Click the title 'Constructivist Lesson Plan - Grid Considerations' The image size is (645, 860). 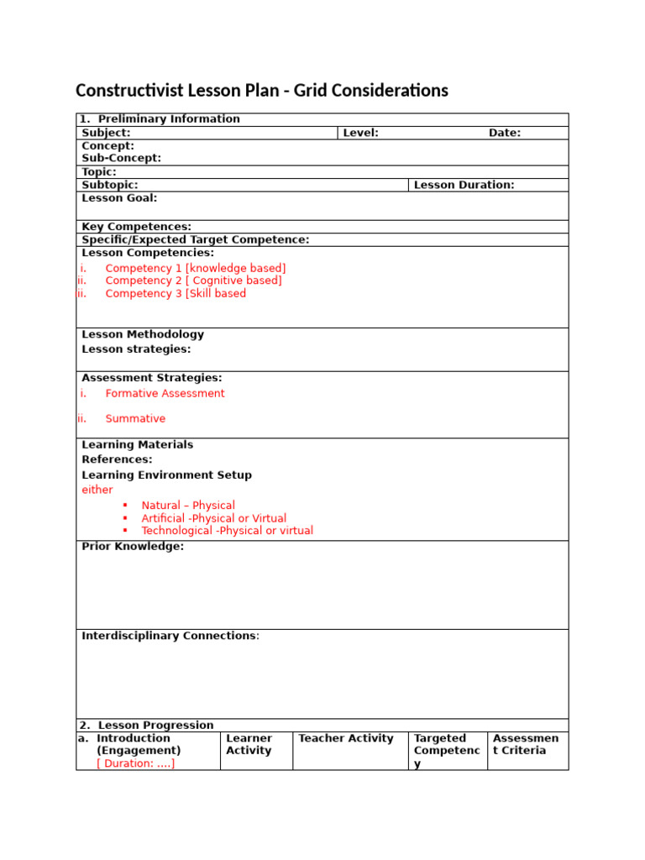[262, 91]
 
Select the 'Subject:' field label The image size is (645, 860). [106, 133]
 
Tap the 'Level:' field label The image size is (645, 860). [360, 133]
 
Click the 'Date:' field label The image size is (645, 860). [505, 133]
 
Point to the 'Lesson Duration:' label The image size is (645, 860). [464, 185]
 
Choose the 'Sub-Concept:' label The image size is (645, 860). [121, 158]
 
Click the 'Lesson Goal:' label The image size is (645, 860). [119, 198]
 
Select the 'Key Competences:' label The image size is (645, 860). [136, 227]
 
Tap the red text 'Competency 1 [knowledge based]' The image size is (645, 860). [196, 268]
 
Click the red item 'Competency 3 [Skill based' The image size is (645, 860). [176, 294]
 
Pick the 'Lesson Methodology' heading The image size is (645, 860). [143, 334]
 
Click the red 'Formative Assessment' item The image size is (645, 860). [165, 393]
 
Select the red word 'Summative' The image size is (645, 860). [135, 418]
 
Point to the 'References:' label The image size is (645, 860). [117, 459]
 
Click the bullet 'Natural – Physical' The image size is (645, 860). [188, 506]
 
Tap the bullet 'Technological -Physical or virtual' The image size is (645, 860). [227, 531]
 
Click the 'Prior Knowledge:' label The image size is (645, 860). [133, 547]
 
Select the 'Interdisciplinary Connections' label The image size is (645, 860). [168, 636]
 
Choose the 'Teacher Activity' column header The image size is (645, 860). [346, 738]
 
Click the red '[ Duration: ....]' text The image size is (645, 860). [136, 763]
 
